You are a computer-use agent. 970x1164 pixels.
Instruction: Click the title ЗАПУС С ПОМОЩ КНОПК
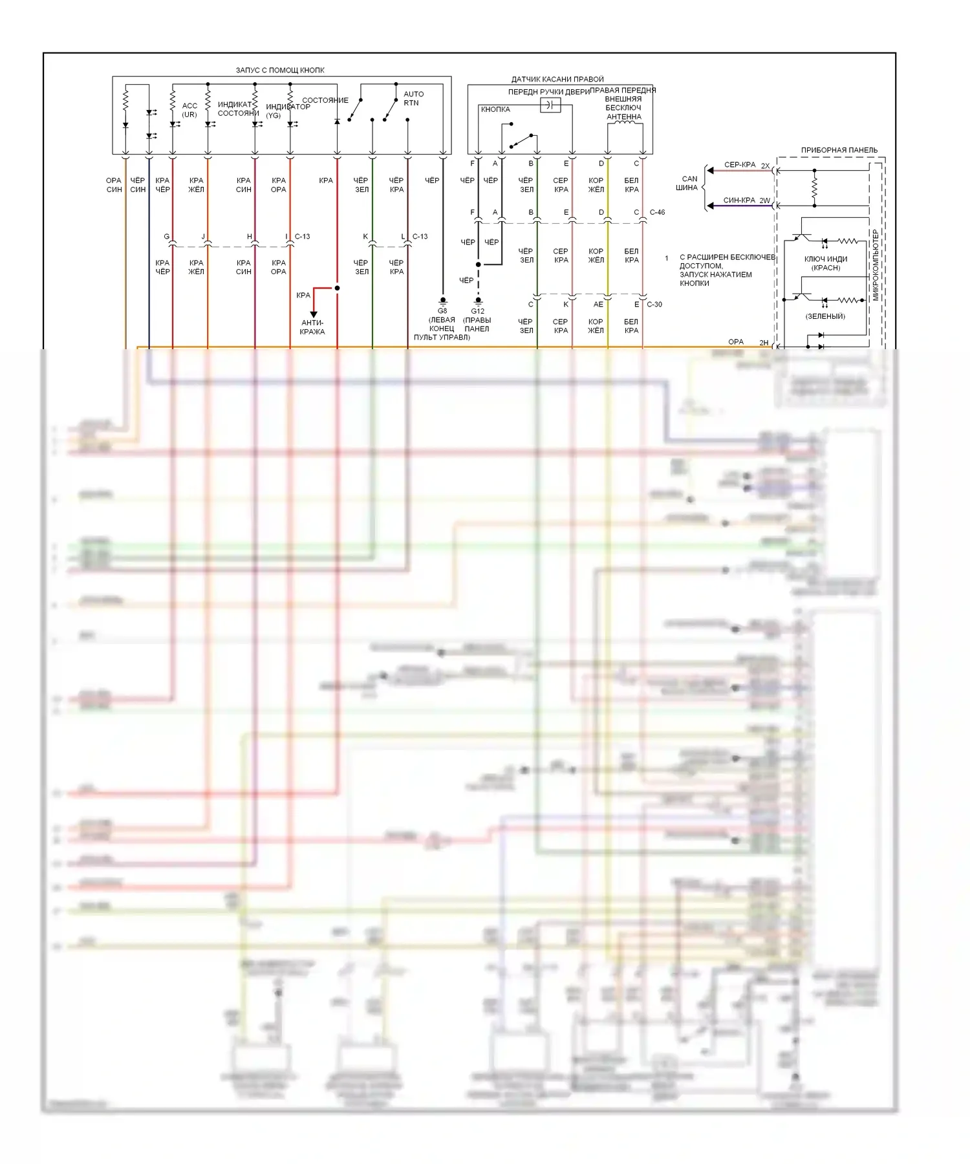[280, 70]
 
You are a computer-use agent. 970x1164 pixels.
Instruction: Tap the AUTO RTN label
[413, 98]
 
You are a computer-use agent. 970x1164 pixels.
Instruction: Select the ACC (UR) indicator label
[189, 110]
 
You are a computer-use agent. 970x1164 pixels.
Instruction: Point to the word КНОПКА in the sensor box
[495, 109]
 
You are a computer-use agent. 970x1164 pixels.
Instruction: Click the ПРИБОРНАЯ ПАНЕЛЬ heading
[839, 150]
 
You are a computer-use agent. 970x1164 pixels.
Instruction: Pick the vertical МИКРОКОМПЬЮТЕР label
[876, 265]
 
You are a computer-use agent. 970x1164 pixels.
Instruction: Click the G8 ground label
[442, 311]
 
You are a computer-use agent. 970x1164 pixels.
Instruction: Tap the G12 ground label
[478, 311]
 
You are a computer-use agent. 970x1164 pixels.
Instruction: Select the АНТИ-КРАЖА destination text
[312, 327]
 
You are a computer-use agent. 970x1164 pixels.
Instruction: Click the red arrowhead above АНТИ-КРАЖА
[314, 314]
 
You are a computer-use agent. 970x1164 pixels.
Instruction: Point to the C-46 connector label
[657, 212]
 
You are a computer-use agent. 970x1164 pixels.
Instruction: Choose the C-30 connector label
[654, 305]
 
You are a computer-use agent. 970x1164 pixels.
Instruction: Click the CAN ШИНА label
[688, 183]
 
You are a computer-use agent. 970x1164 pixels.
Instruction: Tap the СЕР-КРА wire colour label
[740, 165]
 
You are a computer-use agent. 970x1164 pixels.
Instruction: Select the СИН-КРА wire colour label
[739, 200]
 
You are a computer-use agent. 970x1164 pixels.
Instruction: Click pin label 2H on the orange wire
[764, 343]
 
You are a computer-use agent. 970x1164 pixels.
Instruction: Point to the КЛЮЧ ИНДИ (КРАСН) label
[826, 263]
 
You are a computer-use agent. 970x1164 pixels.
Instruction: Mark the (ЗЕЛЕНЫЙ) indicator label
[825, 316]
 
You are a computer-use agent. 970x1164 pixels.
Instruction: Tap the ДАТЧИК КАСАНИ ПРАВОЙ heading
[557, 80]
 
